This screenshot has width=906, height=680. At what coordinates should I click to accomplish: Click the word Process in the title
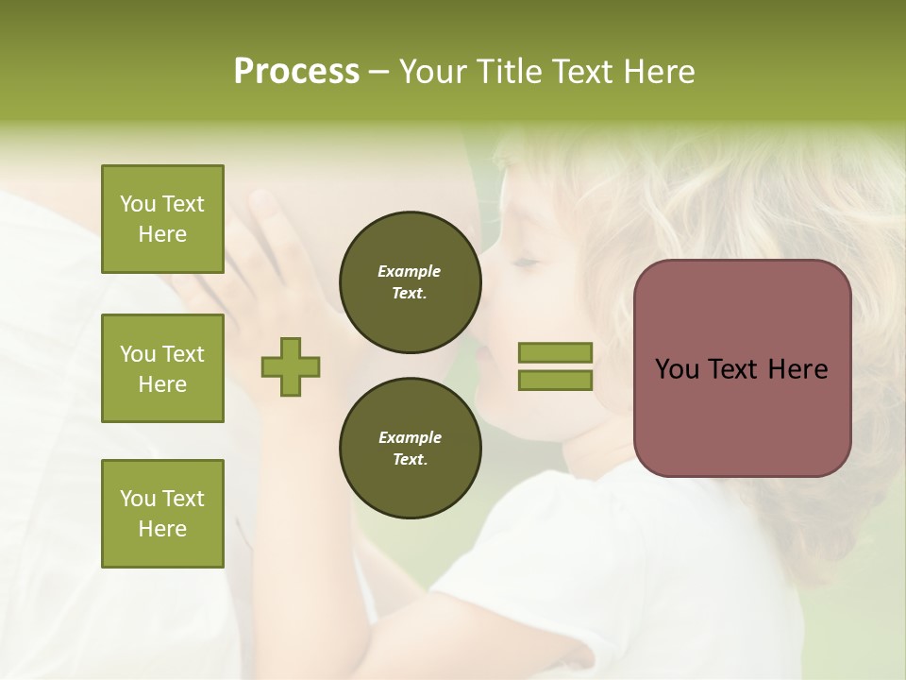click(x=296, y=72)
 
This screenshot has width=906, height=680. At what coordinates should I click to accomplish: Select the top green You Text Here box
click(x=162, y=219)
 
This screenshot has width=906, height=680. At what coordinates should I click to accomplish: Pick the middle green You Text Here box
click(x=162, y=368)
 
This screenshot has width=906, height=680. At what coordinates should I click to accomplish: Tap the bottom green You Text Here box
click(x=162, y=514)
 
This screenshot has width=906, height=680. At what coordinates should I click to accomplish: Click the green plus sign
click(x=291, y=366)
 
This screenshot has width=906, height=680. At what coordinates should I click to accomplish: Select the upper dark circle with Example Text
click(x=410, y=282)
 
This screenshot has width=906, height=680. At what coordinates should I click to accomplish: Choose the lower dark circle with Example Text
click(x=410, y=449)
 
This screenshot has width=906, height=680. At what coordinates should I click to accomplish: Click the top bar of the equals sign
click(x=555, y=353)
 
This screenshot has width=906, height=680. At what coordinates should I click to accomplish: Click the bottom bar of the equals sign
click(x=555, y=381)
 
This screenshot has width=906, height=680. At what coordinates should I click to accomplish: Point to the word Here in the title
click(x=657, y=72)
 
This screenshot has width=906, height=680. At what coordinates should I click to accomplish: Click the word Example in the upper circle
click(x=410, y=272)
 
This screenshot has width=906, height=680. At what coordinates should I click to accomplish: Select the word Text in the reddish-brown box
click(x=731, y=369)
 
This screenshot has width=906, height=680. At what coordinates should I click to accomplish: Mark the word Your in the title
click(x=435, y=72)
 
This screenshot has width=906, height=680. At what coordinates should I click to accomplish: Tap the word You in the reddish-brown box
click(x=677, y=369)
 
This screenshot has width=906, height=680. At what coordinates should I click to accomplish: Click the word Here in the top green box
click(x=162, y=234)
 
